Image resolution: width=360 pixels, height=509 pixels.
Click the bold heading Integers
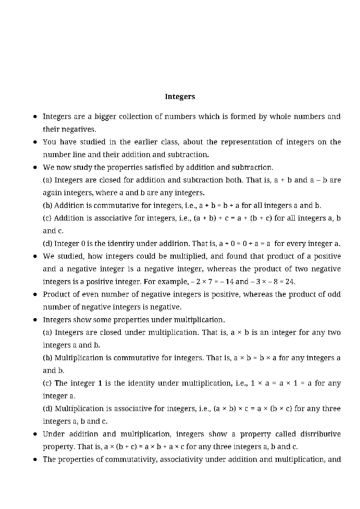tap(180, 97)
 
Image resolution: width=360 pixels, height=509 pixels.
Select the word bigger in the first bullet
tap(105, 116)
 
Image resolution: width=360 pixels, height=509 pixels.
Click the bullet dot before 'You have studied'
tap(35, 142)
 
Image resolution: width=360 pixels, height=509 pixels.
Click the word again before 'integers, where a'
tap(53, 193)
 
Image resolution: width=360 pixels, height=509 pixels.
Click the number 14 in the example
tap(229, 282)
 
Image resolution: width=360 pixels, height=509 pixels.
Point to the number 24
tap(290, 282)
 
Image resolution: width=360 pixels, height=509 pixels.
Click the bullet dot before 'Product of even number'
tap(35, 295)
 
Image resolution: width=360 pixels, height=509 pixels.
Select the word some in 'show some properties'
tap(102, 320)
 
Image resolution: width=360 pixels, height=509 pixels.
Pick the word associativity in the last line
tap(181, 459)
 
